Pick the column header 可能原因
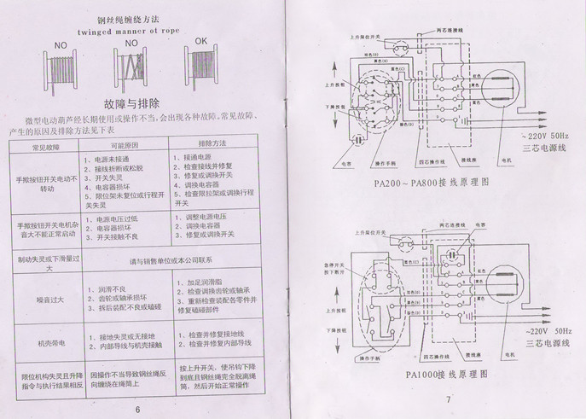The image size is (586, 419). pyautogui.click(x=126, y=145)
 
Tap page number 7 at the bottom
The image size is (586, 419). pyautogui.click(x=447, y=400)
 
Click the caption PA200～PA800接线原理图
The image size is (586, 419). pyautogui.click(x=431, y=182)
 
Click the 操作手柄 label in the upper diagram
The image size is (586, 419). pyautogui.click(x=390, y=162)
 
